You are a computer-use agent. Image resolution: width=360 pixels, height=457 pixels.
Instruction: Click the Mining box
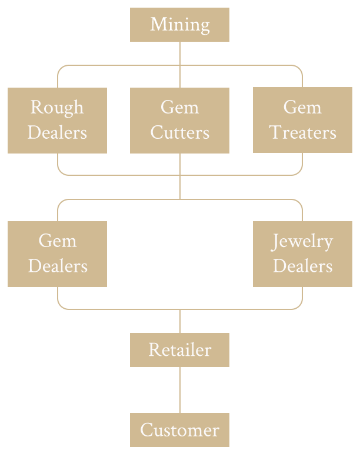[x=179, y=25]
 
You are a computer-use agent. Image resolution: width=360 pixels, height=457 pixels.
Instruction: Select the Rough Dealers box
[x=57, y=120]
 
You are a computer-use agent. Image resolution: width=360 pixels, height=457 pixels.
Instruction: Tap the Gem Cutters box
[x=179, y=120]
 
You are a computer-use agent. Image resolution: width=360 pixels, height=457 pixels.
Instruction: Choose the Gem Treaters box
[x=302, y=120]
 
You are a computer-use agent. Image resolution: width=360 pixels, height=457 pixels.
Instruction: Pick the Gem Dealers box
[x=57, y=253]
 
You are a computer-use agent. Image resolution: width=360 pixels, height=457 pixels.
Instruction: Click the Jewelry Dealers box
[x=302, y=253]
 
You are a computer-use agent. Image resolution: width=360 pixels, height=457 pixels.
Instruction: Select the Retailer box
[x=179, y=349]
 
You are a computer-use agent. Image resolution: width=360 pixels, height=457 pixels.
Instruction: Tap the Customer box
[x=179, y=430]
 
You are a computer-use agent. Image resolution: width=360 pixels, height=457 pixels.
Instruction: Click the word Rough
[x=57, y=108]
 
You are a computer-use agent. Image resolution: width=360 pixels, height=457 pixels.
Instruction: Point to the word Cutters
[x=179, y=133]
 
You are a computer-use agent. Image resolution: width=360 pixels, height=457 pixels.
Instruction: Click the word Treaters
[x=302, y=133]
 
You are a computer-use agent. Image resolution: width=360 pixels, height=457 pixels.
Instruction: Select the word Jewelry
[x=302, y=241]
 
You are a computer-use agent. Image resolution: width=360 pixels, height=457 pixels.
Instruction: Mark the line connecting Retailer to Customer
[x=180, y=390]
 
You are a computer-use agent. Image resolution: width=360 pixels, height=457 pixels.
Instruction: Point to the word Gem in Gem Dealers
[x=57, y=241]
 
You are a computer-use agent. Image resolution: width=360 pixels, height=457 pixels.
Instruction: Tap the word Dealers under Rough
[x=57, y=133]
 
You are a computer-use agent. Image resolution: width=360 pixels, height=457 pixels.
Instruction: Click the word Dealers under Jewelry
[x=302, y=266]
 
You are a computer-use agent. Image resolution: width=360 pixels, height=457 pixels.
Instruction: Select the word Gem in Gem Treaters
[x=302, y=108]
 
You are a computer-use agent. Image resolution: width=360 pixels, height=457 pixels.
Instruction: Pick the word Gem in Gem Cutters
[x=179, y=108]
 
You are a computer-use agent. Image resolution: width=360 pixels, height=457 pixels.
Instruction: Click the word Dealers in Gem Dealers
[x=57, y=266]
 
